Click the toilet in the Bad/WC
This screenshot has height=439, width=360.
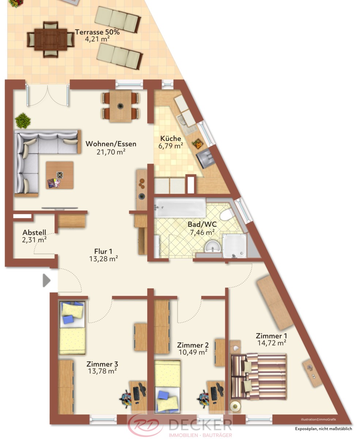click(227, 214)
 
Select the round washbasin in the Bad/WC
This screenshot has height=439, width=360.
click(212, 247)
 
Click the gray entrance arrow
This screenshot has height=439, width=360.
click(46, 281)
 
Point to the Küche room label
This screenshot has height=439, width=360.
click(171, 138)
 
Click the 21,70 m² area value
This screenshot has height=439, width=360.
click(111, 152)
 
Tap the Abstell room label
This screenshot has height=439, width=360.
click(34, 232)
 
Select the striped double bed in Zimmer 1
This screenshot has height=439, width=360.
click(259, 377)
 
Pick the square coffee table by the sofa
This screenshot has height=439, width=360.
click(60, 175)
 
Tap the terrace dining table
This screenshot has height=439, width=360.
click(51, 40)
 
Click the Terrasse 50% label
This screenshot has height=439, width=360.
click(97, 32)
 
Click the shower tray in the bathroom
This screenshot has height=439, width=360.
click(235, 246)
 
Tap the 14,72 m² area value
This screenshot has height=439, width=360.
click(272, 343)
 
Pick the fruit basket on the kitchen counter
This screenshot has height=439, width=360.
click(197, 143)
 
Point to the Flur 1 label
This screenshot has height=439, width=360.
click(103, 251)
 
